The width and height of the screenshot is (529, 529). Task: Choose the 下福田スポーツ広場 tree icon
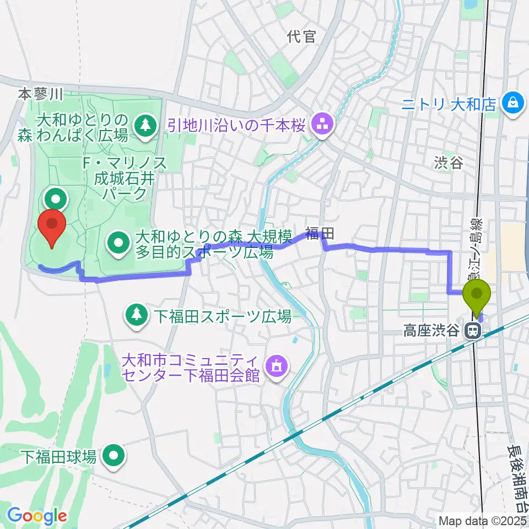[x=136, y=315]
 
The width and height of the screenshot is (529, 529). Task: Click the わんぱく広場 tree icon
[x=145, y=123]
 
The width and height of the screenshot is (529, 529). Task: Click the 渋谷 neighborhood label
[x=447, y=163]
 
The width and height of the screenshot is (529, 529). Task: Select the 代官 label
[x=301, y=37]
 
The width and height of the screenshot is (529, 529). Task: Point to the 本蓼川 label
[x=41, y=94]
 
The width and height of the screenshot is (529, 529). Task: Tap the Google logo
[x=36, y=516]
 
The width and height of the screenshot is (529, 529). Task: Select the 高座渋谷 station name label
[x=431, y=331]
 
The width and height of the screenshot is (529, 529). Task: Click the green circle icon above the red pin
[x=57, y=197]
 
